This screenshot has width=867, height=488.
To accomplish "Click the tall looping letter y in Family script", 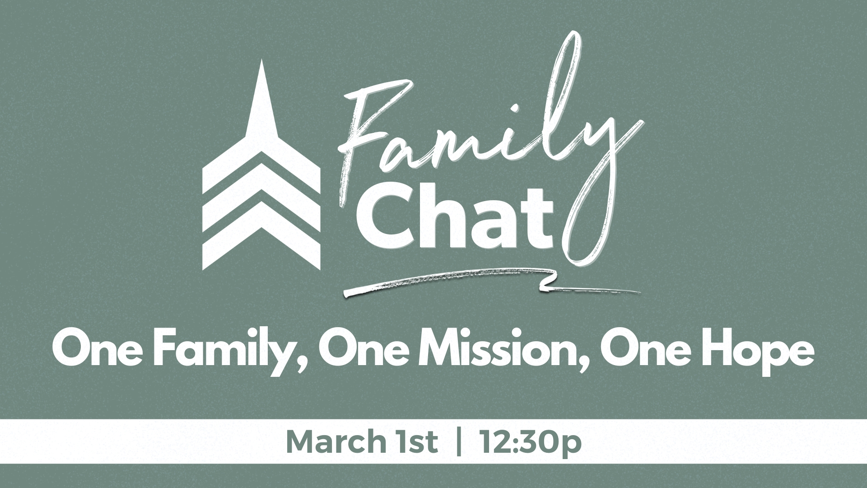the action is [x=587, y=149].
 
